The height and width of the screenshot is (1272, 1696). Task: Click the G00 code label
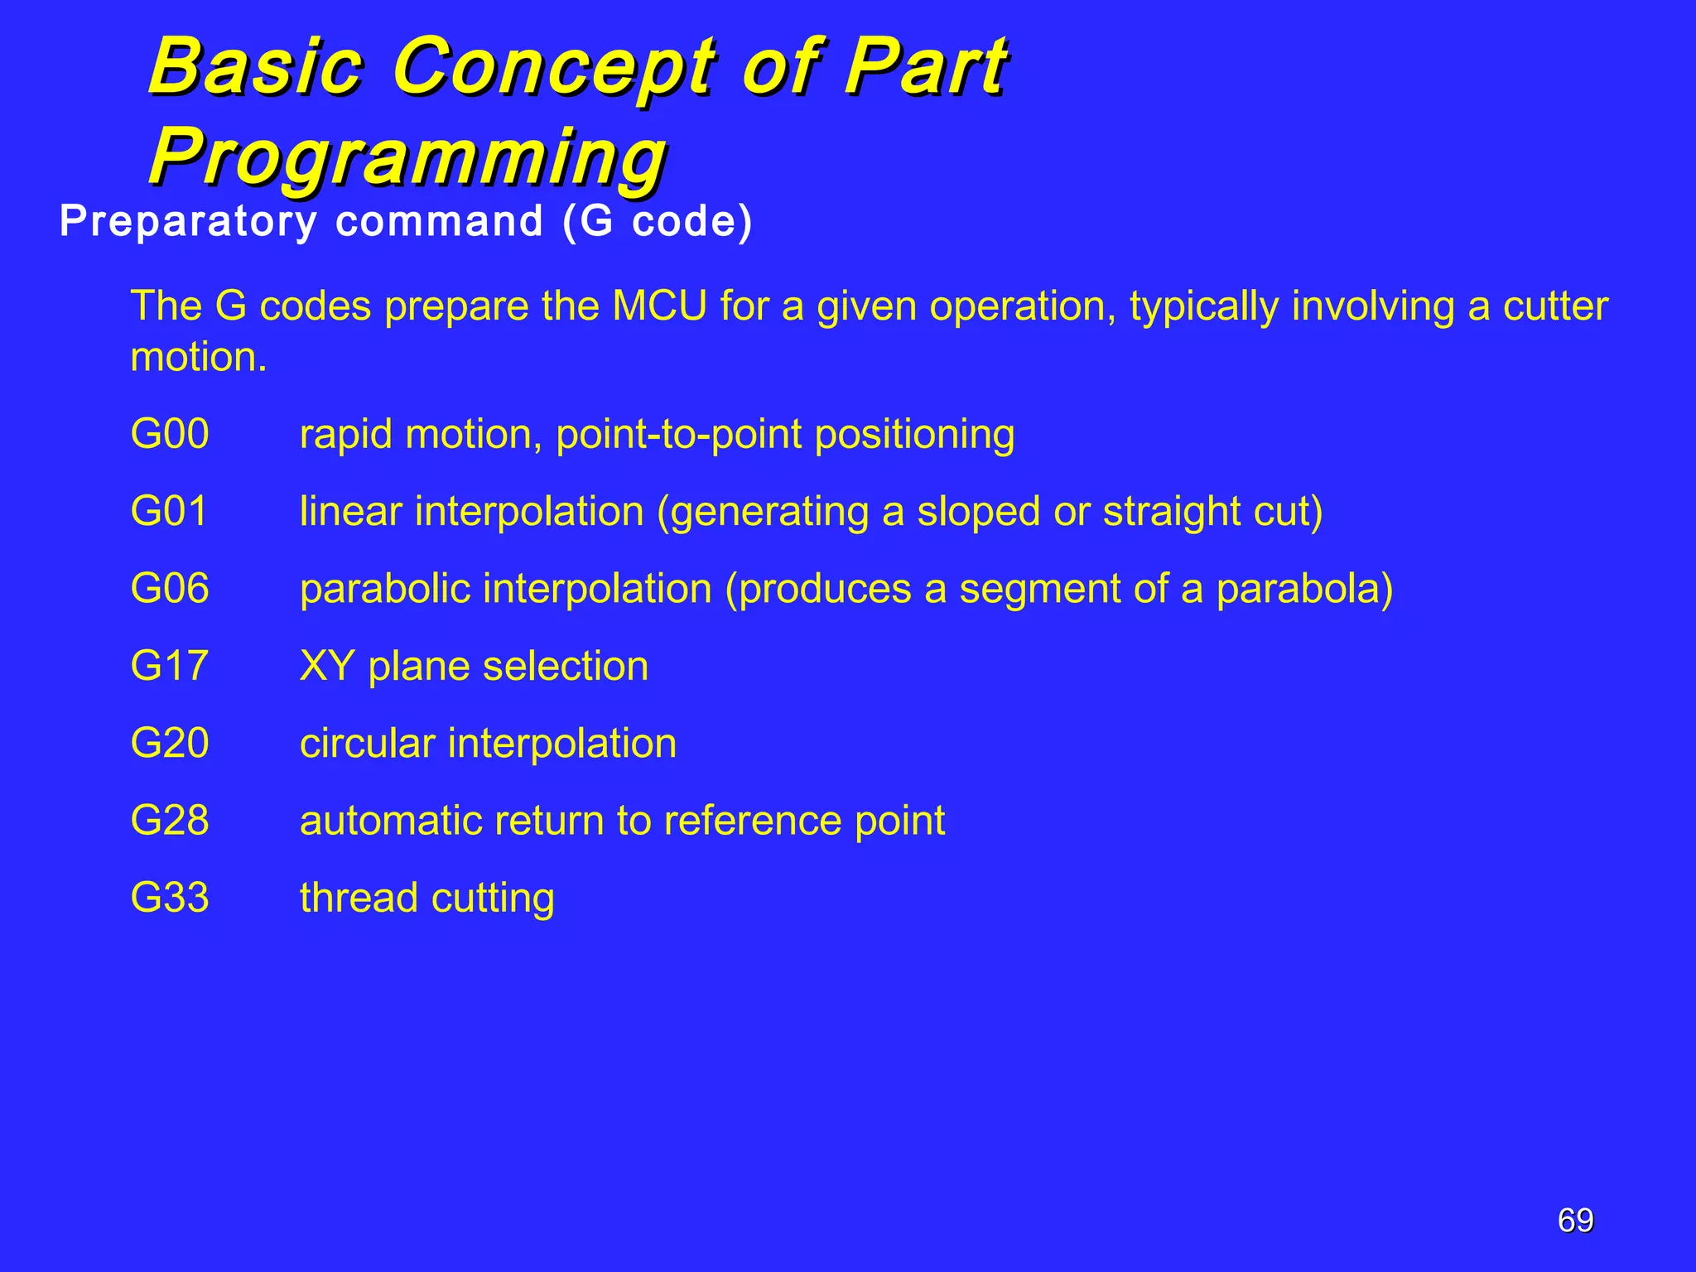(x=170, y=434)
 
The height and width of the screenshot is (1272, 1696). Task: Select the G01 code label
(x=169, y=511)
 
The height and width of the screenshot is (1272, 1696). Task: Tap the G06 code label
(x=170, y=588)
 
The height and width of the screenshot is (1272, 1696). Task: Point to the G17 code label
(x=169, y=666)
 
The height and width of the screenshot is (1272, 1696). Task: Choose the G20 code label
(x=170, y=743)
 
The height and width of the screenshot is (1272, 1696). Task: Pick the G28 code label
(x=170, y=820)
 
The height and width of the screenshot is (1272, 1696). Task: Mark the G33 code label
(x=170, y=897)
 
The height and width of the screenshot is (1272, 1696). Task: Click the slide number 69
(x=1575, y=1221)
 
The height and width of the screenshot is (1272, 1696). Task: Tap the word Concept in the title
(x=554, y=66)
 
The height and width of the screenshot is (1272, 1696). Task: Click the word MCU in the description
(x=659, y=306)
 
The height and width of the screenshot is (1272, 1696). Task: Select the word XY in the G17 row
(x=326, y=666)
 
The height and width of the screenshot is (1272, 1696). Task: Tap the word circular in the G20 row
(x=367, y=743)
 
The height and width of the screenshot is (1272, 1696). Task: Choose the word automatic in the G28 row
(x=390, y=820)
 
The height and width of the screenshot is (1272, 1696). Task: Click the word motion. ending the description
(x=199, y=358)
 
